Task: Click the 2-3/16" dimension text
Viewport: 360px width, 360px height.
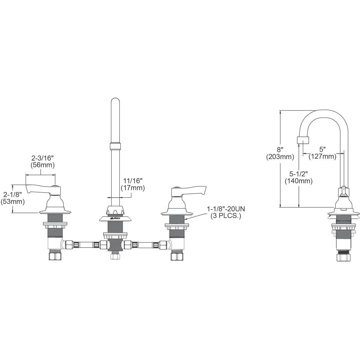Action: [x=43, y=158]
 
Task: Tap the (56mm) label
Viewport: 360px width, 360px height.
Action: [x=42, y=165]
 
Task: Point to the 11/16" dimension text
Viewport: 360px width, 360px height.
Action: [x=133, y=181]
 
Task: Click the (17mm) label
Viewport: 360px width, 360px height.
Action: [x=133, y=188]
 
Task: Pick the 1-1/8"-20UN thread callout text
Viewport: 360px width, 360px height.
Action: [x=226, y=209]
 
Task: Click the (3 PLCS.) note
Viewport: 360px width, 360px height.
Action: [x=226, y=216]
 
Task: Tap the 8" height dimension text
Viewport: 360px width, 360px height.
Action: [x=280, y=150]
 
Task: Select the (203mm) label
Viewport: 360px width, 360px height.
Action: [x=280, y=157]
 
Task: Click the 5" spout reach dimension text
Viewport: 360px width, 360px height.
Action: [x=322, y=149]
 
